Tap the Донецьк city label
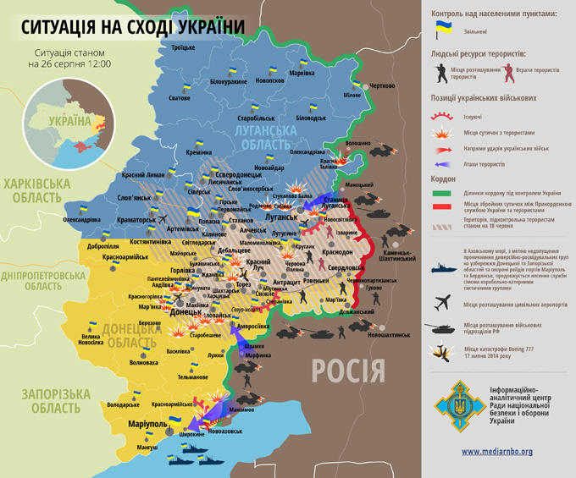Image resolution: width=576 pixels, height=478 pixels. (186, 312)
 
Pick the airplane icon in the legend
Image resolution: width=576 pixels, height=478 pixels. (443, 302)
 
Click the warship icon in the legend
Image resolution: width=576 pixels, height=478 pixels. (443, 267)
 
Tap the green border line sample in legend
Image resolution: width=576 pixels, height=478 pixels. (443, 194)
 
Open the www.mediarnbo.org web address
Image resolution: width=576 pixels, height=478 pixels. (496, 451)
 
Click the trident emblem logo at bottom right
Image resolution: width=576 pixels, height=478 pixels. (457, 407)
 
